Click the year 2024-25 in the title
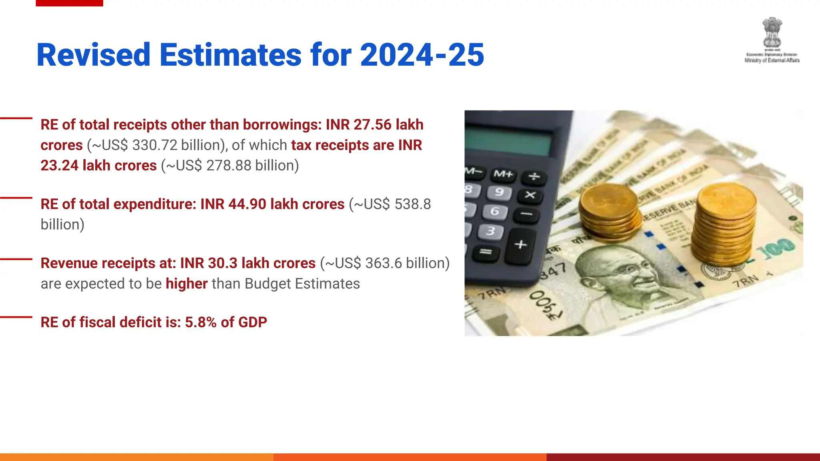tap(422, 55)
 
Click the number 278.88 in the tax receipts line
tap(229, 165)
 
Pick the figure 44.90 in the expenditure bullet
tap(247, 204)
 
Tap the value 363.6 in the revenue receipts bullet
tap(384, 263)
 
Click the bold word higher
tap(187, 284)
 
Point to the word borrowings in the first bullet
tap(282, 125)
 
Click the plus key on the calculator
tap(521, 244)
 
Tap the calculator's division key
tap(534, 176)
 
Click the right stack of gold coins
tap(725, 224)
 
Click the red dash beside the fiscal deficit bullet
tap(16, 317)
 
